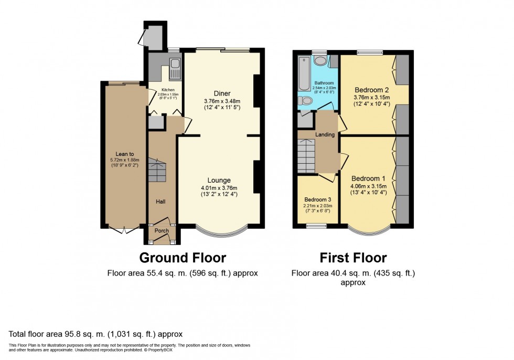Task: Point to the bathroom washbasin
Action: click(321, 61)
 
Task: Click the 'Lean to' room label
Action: click(121, 154)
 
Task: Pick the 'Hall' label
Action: click(160, 201)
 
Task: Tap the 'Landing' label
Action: click(325, 135)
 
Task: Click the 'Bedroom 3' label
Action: click(318, 199)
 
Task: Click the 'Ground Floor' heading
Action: click(182, 258)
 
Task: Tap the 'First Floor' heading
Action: click(353, 258)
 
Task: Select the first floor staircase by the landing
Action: click(305, 155)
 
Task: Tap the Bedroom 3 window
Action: click(316, 227)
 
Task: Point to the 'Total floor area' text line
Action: click(96, 334)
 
